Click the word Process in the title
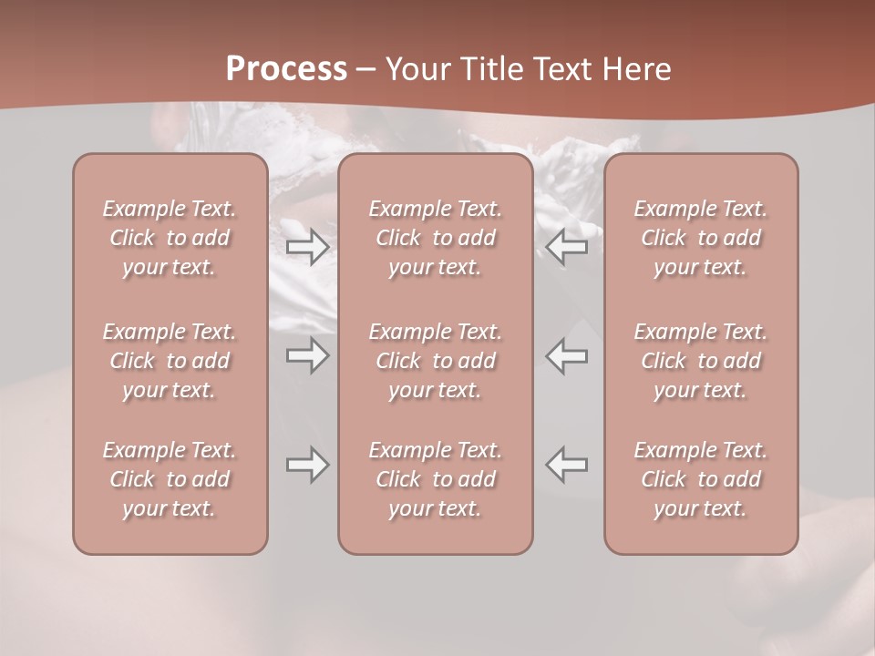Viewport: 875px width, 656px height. (x=286, y=69)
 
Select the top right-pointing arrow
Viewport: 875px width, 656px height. (x=307, y=247)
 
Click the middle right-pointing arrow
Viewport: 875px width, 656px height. (x=307, y=356)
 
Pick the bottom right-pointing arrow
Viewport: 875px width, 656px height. (x=307, y=465)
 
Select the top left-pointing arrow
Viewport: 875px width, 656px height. (x=567, y=247)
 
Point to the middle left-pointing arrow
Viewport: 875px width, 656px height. (x=567, y=356)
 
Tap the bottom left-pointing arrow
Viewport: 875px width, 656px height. (x=567, y=465)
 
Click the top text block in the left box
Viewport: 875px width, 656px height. (x=170, y=238)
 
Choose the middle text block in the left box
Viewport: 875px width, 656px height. (x=170, y=361)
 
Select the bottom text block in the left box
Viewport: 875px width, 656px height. (x=170, y=479)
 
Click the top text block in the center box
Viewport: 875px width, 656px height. (x=436, y=238)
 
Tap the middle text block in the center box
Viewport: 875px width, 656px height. (x=436, y=361)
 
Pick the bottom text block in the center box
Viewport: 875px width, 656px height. (x=436, y=479)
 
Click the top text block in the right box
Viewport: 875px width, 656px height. (x=701, y=238)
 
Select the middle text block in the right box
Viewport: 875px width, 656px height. (x=701, y=361)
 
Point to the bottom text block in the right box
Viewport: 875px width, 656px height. (x=701, y=479)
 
